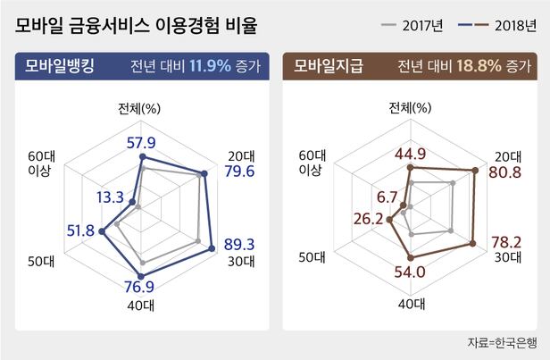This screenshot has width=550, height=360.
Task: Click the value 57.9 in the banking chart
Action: [142, 142]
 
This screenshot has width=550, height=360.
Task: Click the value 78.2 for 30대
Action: [505, 242]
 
